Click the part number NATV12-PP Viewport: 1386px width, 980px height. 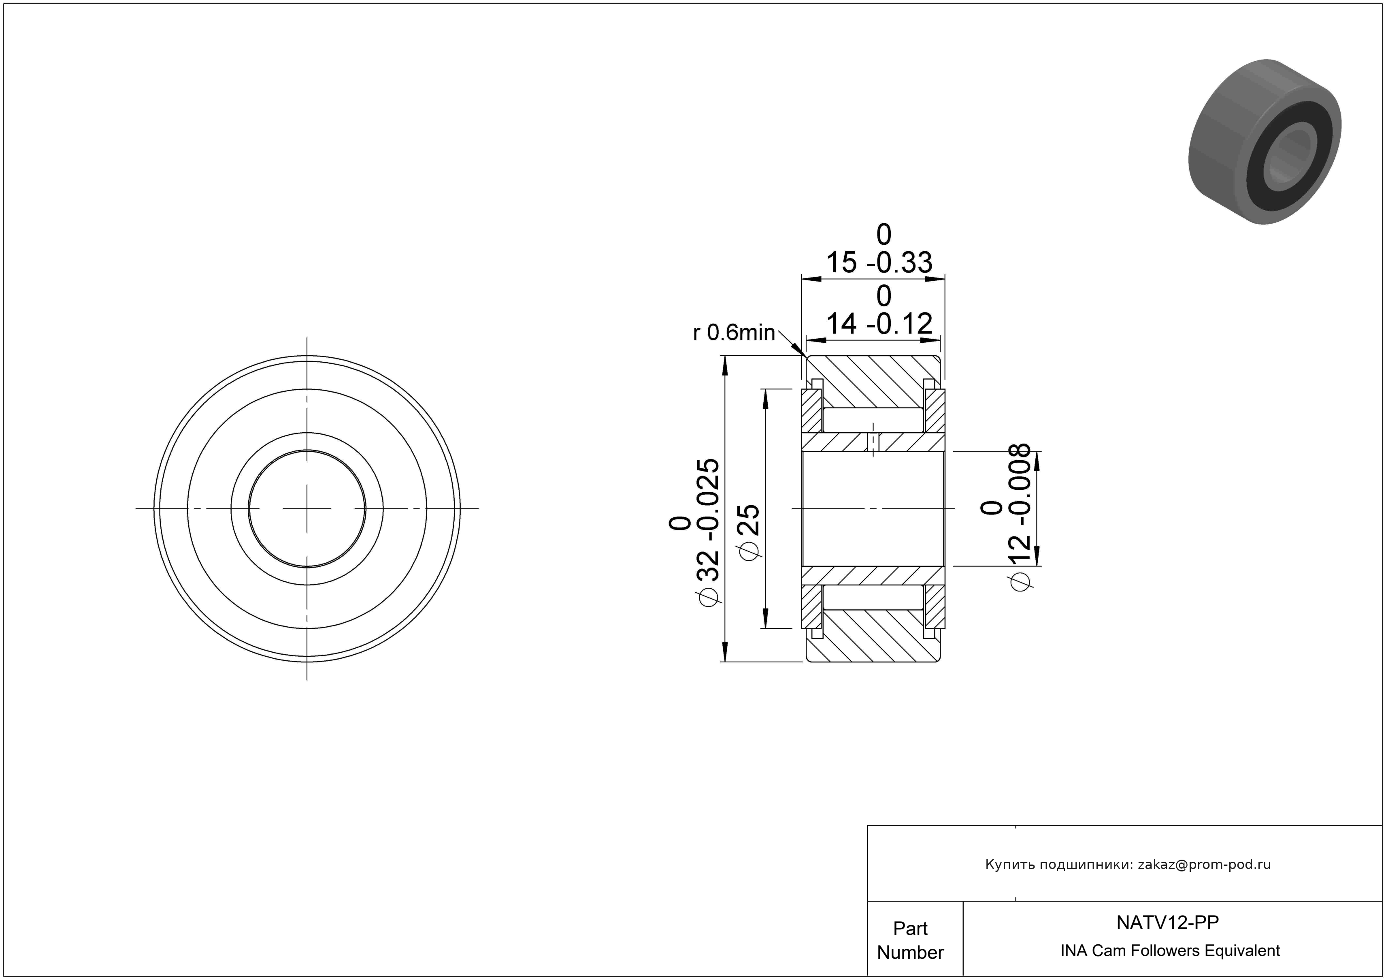point(1167,922)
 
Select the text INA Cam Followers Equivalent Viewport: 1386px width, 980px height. point(1170,950)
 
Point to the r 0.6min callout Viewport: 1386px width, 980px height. point(733,332)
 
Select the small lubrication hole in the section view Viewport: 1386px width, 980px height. point(873,442)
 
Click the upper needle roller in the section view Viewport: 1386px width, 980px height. point(873,420)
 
